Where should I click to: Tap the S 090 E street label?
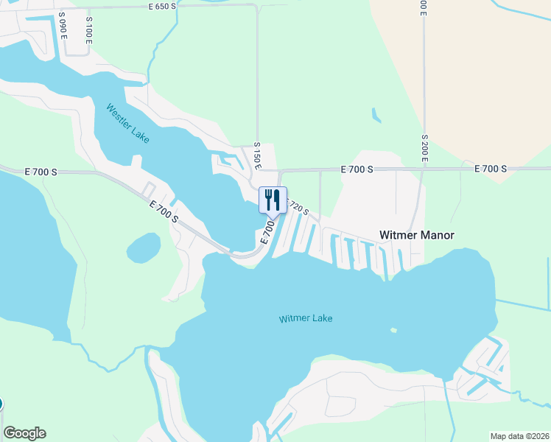point(64,29)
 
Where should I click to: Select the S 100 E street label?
point(88,29)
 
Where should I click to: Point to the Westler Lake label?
point(127,123)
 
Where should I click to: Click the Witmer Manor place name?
point(416,235)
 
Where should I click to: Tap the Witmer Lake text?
point(306,318)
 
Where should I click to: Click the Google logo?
point(24,433)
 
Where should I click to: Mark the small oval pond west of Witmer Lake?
point(144,248)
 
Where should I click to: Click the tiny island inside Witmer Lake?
point(394,329)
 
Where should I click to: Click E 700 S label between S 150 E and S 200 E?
point(357,169)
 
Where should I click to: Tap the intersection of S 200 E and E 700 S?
point(424,169)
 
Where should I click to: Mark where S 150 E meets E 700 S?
point(259,170)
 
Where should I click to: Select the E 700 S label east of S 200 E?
point(491,169)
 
